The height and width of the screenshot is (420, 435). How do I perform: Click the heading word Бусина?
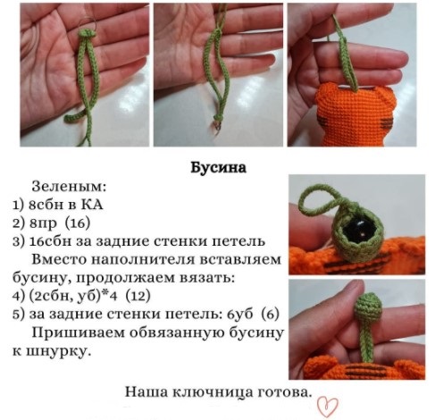coord(218,168)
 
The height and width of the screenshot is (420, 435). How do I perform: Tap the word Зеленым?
coord(69,187)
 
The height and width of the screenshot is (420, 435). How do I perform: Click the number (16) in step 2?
coord(78,223)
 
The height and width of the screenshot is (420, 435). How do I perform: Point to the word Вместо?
coord(59,259)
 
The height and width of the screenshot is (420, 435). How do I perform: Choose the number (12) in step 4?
coord(138,296)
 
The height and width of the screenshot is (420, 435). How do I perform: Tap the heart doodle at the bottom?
coord(327,407)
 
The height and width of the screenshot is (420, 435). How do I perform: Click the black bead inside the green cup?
coord(357,230)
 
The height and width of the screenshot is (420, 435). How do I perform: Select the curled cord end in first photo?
coord(75,117)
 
